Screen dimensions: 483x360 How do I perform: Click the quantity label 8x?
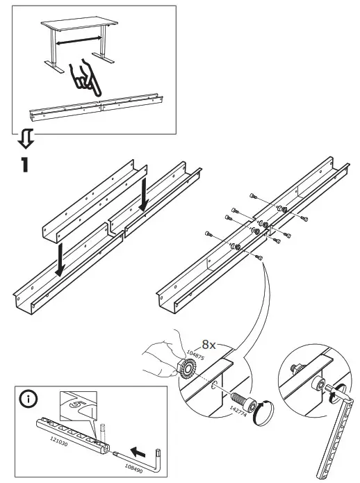click(x=210, y=344)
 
